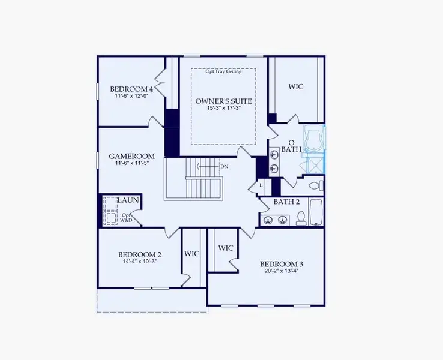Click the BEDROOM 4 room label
click(x=131, y=89)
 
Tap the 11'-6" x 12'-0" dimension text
click(x=131, y=96)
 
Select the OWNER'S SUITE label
click(x=223, y=101)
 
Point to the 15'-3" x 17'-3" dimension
click(x=223, y=109)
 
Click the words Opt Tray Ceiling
click(x=223, y=73)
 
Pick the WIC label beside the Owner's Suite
click(x=295, y=87)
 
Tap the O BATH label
click(x=291, y=145)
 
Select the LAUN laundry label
click(x=128, y=200)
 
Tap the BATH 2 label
click(x=286, y=202)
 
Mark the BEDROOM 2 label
click(x=139, y=254)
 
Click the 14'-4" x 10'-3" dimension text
click(x=139, y=262)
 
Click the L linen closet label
click(x=261, y=186)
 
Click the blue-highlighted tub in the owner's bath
click(x=314, y=139)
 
